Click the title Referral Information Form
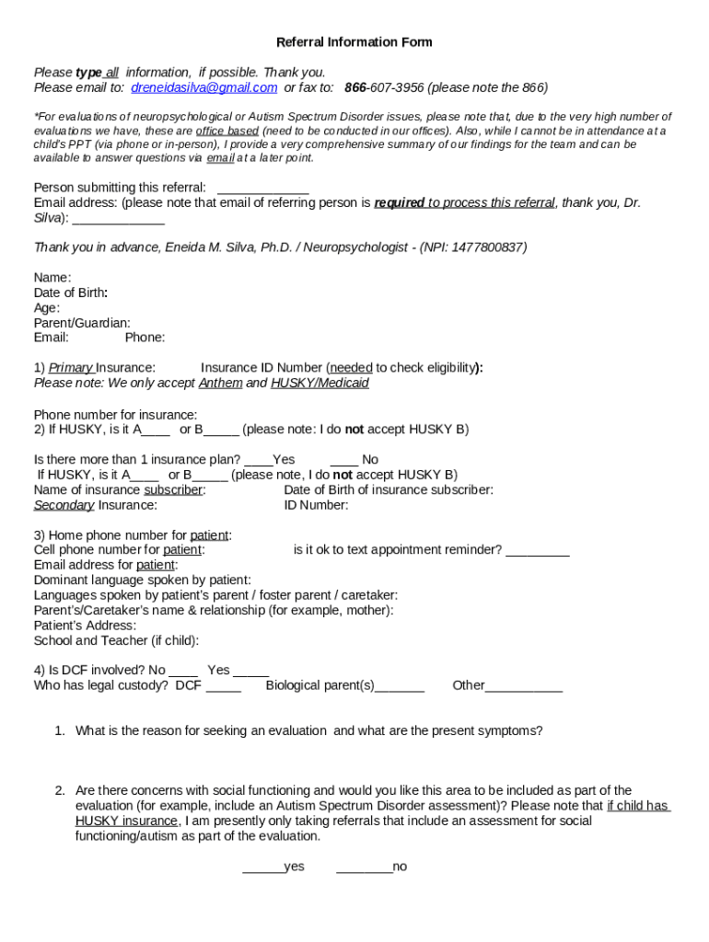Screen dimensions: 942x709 pyautogui.click(x=354, y=42)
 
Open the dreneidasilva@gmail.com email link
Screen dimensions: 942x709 pyautogui.click(x=203, y=87)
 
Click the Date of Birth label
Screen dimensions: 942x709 pyautogui.click(x=71, y=293)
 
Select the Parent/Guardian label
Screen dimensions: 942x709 pyautogui.click(x=82, y=323)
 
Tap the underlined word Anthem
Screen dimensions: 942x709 pyautogui.click(x=220, y=383)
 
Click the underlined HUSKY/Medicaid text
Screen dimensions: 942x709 pyautogui.click(x=320, y=383)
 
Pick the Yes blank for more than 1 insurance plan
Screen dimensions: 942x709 pyautogui.click(x=259, y=460)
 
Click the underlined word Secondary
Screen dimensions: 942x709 pyautogui.click(x=64, y=505)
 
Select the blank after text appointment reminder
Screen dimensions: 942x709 pyautogui.click(x=538, y=551)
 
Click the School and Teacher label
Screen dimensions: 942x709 pyautogui.click(x=116, y=641)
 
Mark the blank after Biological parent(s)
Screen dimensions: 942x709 pyautogui.click(x=400, y=686)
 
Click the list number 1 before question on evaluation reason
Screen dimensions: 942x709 pyautogui.click(x=59, y=731)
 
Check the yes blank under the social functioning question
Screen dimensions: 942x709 pyautogui.click(x=262, y=867)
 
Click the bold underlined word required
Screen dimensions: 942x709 pyautogui.click(x=399, y=203)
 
